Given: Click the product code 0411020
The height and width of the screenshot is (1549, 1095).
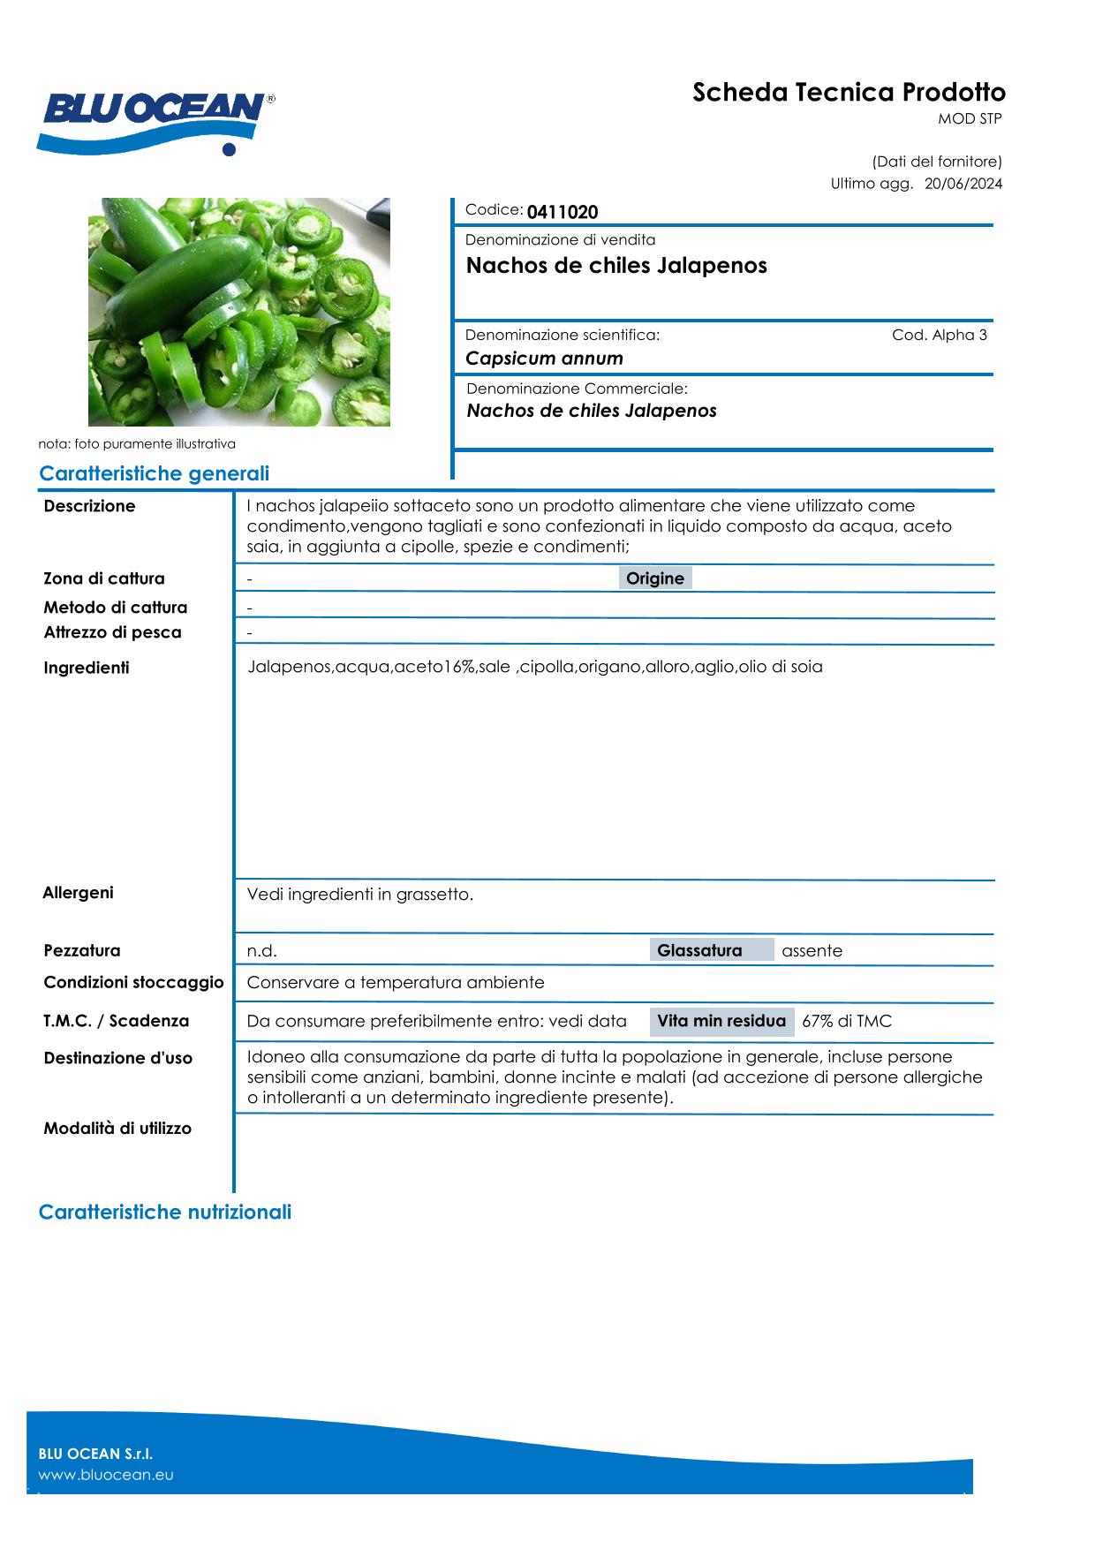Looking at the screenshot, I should pyautogui.click(x=563, y=212).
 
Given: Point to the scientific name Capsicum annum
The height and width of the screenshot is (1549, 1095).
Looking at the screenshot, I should pyautogui.click(x=544, y=359).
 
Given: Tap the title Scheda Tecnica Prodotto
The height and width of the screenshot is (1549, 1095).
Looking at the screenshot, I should pyautogui.click(x=849, y=93).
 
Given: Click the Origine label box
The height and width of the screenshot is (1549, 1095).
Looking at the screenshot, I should pyautogui.click(x=654, y=578).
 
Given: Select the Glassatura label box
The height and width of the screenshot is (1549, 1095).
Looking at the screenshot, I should pyautogui.click(x=710, y=950).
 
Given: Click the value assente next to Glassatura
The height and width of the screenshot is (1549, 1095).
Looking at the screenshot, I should pyautogui.click(x=812, y=951).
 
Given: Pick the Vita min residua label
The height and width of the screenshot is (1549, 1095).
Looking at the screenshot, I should pyautogui.click(x=721, y=1021).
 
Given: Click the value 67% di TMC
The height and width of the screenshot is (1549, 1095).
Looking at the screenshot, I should pyautogui.click(x=846, y=1022).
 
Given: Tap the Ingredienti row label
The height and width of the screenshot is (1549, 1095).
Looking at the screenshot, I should pyautogui.click(x=87, y=668).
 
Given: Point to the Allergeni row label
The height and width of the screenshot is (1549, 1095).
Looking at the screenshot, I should pyautogui.click(x=78, y=893).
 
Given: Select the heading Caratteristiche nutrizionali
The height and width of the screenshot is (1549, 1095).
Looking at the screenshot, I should pyautogui.click(x=165, y=1212).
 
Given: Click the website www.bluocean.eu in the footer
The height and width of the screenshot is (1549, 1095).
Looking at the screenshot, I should pyautogui.click(x=106, y=1475).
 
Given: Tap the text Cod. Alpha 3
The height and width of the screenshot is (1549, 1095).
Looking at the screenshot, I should pyautogui.click(x=940, y=335).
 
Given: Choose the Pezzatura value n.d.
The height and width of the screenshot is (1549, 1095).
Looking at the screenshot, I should pyautogui.click(x=261, y=951).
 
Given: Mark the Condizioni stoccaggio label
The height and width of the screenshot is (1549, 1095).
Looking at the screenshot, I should pyautogui.click(x=133, y=982).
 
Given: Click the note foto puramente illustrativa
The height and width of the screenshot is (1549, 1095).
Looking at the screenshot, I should pyautogui.click(x=137, y=444).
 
